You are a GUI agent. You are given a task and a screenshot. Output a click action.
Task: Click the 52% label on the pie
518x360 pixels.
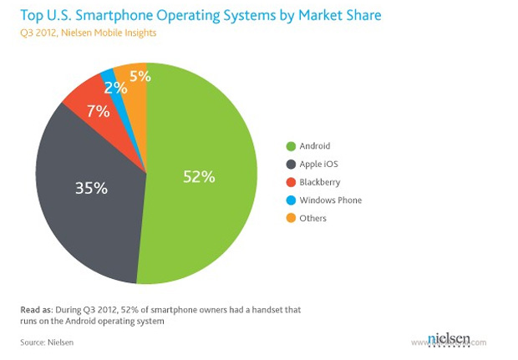tap(200, 176)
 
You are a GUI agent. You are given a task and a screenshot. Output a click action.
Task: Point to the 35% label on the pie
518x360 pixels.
tap(90, 188)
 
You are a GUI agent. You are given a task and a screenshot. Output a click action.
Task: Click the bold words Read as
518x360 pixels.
tap(39, 310)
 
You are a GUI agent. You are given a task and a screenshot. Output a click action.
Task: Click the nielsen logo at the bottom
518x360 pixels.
tap(449, 338)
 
